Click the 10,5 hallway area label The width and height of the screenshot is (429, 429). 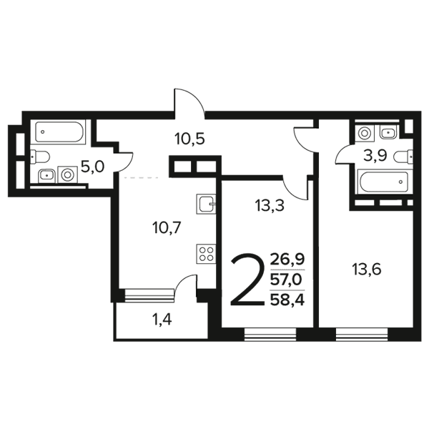189,139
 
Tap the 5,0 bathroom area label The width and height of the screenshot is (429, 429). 93,167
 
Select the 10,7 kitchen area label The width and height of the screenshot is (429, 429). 167,227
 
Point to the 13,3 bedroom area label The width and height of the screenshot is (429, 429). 270,205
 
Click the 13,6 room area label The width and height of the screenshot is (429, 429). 366,270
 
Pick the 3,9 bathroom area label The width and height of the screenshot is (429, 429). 375,156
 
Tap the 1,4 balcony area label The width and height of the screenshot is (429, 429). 162,320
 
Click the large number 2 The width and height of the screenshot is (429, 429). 248,279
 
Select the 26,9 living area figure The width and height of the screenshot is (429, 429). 287,259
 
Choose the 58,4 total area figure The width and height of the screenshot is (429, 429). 287,300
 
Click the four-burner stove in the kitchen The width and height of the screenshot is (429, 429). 206,254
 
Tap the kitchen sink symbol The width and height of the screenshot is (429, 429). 206,204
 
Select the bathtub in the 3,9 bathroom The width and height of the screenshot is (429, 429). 385,182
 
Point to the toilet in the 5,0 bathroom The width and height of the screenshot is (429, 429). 40,157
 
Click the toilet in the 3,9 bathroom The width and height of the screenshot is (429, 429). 403,157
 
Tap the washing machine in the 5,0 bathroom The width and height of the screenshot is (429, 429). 67,174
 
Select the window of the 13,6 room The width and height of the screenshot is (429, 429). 362,335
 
